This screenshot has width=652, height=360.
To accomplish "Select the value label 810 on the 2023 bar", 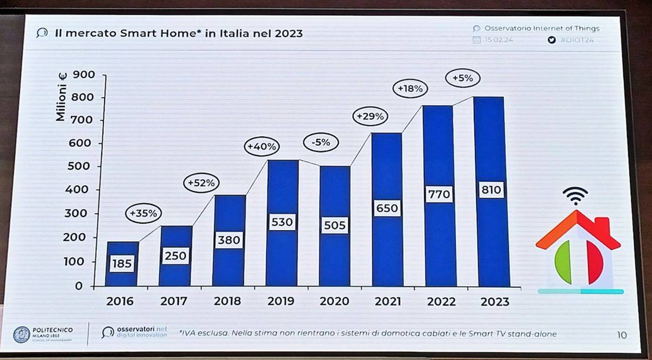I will coord(491,191).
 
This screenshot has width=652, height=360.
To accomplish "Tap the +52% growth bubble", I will coord(201,184).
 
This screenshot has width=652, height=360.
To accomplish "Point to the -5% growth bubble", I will coord(321,143).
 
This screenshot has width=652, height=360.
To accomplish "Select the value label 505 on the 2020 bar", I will coord(334,225).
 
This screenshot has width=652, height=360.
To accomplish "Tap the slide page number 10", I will coord(622,335).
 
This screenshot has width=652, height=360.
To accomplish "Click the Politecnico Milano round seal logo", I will coord(21,334).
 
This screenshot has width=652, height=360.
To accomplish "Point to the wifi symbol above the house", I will coord(575,196).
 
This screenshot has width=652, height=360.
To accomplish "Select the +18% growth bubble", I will coord(410,88).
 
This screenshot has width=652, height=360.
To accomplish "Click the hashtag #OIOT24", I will coord(576,40).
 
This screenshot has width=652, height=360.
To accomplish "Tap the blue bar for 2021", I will coord(387,209).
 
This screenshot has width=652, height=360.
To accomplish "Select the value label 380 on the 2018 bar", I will coord(228,240).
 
